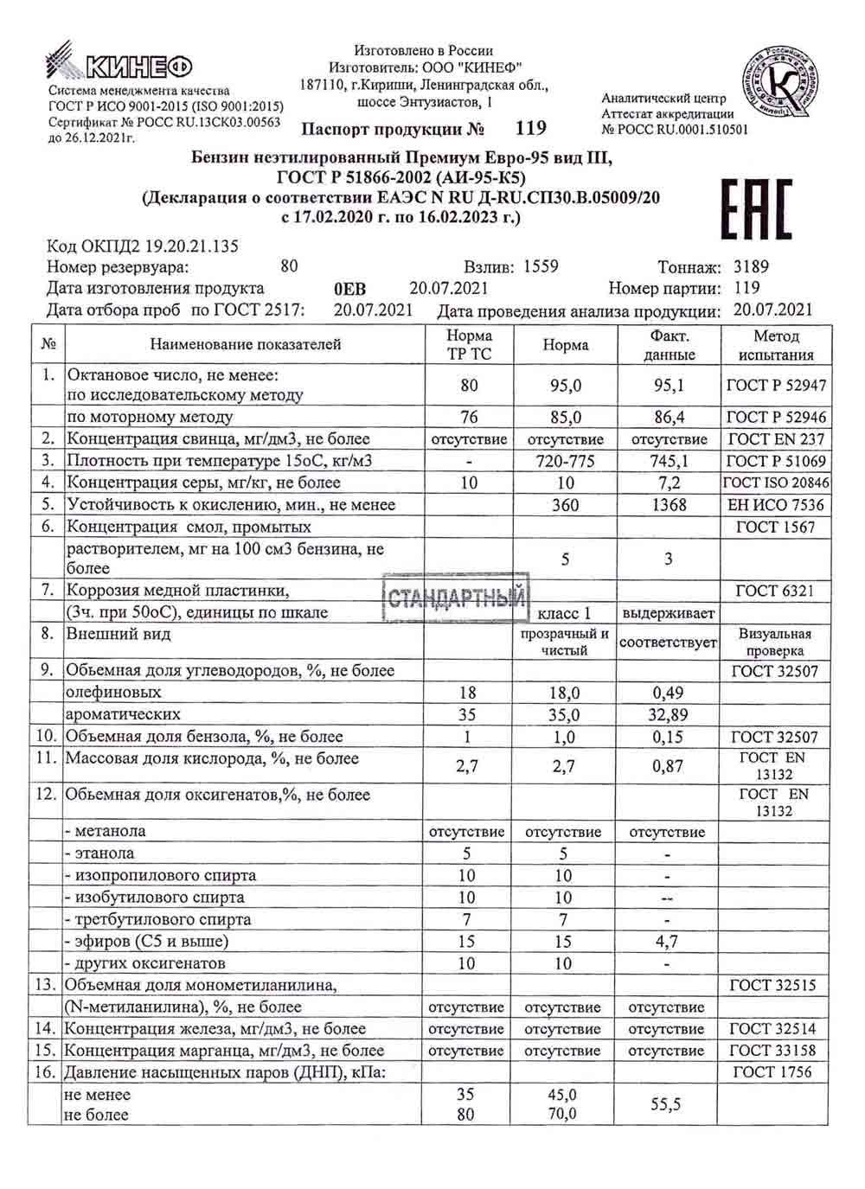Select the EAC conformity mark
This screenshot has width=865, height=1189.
point(756,209)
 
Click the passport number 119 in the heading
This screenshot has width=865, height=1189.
point(530,128)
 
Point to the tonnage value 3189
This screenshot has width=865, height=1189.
point(751,267)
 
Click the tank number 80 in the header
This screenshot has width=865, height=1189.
point(289,266)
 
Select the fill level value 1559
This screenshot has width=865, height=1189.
point(541,267)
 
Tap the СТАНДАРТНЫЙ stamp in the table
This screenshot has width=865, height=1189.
point(456,598)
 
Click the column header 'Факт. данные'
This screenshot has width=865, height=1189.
point(670,345)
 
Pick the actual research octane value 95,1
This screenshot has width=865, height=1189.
point(669,386)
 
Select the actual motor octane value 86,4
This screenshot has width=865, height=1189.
point(669,417)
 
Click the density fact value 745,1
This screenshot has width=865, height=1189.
point(669,461)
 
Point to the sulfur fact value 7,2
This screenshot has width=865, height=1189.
point(669,483)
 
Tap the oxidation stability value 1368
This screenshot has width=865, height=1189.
point(669,505)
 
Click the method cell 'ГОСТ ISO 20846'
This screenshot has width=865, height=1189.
point(776,483)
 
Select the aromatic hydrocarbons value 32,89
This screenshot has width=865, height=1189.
point(669,714)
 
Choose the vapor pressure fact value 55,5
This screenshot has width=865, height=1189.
point(666,1104)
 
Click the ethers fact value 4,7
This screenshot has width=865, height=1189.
point(667,941)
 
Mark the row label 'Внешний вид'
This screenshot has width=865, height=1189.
point(119,634)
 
